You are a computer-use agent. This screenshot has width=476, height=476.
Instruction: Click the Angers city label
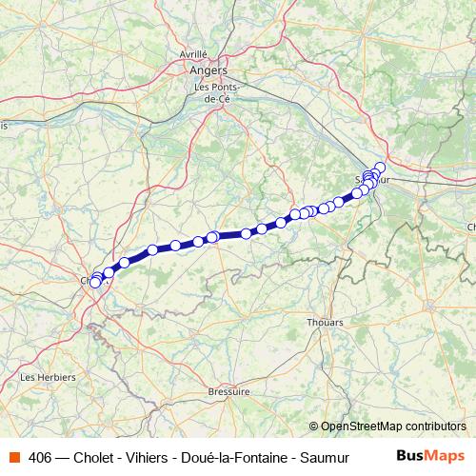click(x=208, y=70)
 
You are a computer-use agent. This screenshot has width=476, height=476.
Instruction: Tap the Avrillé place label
click(x=193, y=54)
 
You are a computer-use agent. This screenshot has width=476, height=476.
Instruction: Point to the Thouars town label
click(x=325, y=323)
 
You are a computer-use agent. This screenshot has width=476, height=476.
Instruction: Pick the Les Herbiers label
click(x=48, y=377)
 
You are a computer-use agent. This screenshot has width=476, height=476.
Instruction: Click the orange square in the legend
click(x=15, y=457)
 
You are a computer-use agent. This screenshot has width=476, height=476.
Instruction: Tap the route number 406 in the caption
click(x=40, y=457)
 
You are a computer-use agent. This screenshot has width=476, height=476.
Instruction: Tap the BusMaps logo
click(x=431, y=456)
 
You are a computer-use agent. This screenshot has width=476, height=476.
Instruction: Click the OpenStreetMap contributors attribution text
click(x=393, y=426)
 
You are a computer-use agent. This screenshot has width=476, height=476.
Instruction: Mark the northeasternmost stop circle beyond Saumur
click(x=380, y=168)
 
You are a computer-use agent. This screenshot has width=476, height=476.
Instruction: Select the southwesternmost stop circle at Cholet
click(x=94, y=283)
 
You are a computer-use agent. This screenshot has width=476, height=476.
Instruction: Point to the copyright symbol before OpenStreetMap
click(x=314, y=426)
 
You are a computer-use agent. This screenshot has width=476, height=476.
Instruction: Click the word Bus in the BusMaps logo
click(x=411, y=456)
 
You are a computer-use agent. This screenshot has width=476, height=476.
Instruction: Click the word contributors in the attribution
click(x=433, y=426)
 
